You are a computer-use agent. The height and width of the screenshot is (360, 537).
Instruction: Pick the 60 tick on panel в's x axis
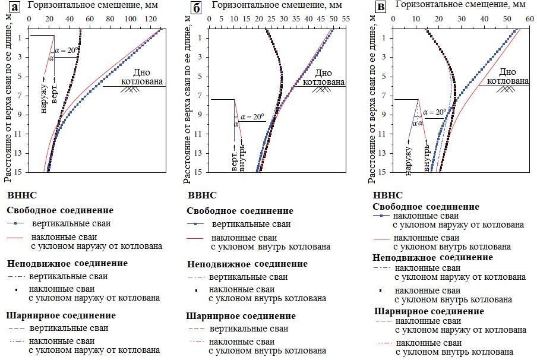pos(528,20)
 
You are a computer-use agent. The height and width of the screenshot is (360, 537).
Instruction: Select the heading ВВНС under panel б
pos(201,195)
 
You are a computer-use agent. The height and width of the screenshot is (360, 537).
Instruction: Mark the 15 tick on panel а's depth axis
pos(20,172)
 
